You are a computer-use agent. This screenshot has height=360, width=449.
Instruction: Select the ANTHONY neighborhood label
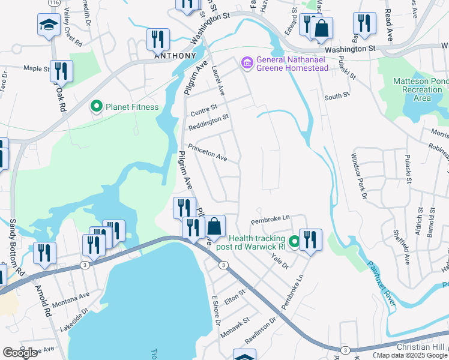point(175,56)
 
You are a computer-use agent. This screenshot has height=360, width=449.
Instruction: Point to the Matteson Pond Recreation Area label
point(421,89)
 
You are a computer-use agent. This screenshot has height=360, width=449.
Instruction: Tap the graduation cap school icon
point(48,25)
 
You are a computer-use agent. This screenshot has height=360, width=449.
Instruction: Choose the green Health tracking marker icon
point(294,242)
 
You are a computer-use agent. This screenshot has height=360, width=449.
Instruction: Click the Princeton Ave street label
point(207,153)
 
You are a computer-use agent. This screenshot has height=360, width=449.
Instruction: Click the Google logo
point(20,353)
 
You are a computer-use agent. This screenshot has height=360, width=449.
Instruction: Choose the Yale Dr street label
point(280,261)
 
